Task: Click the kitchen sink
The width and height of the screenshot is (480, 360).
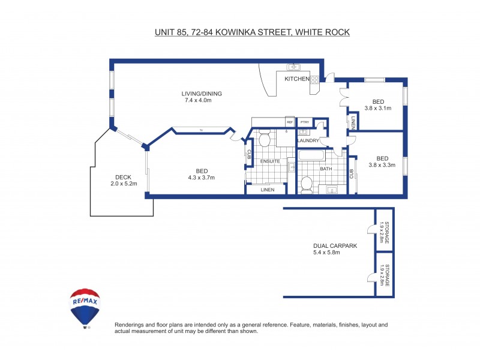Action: tap(293, 67)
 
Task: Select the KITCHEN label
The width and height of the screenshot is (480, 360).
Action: tap(297, 79)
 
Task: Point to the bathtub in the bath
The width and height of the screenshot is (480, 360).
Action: tap(311, 157)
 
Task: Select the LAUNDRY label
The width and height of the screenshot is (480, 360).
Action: tap(308, 140)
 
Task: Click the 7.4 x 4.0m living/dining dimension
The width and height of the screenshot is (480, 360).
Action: tap(198, 100)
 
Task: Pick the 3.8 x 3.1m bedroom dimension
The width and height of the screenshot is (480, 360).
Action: tap(378, 109)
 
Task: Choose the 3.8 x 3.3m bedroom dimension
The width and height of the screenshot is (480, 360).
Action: tap(382, 165)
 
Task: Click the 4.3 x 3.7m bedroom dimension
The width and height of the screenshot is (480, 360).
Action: tap(202, 177)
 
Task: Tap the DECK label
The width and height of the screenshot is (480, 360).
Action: tap(124, 177)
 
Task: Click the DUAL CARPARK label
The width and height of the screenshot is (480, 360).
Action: tap(331, 245)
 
